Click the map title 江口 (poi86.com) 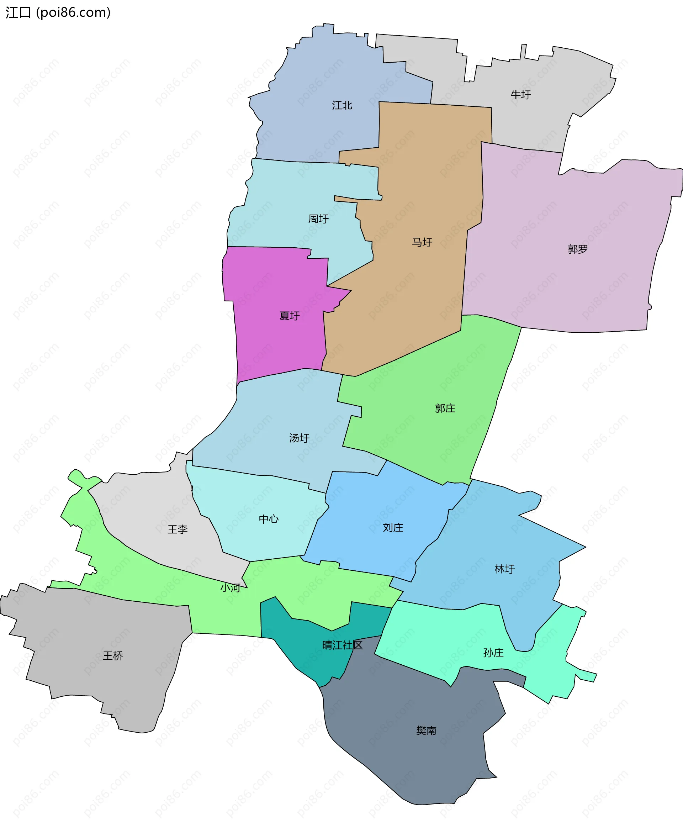tap(58, 12)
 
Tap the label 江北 tap(342, 105)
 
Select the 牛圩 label tap(520, 94)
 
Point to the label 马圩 tap(422, 242)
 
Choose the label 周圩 tap(318, 219)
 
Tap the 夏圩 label tap(290, 316)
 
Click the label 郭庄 tap(445, 408)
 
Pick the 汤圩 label tap(300, 438)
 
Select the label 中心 tap(269, 519)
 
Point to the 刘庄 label tap(393, 528)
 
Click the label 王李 tap(178, 529)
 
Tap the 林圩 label tap(504, 569)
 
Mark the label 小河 tap(230, 588)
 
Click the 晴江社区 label tap(342, 645)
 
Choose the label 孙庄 tap(493, 653)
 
